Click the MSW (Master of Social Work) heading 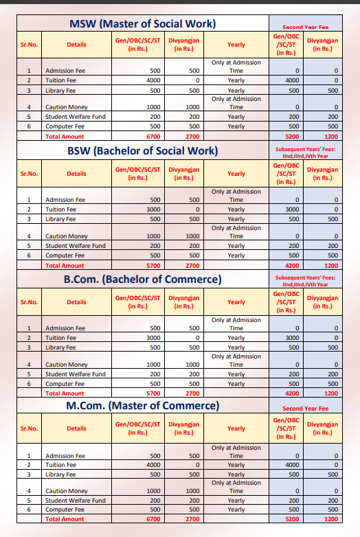[x=143, y=24]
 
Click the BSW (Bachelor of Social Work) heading [x=143, y=150]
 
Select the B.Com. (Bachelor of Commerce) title [x=143, y=279]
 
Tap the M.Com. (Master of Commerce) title [x=143, y=406]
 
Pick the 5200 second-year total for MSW [x=293, y=137]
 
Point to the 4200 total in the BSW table [x=293, y=265]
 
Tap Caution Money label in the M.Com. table [x=66, y=492]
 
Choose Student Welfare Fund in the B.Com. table [x=75, y=374]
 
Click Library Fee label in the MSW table [x=60, y=90]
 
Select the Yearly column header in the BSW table [x=236, y=174]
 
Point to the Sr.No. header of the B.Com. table [x=29, y=301]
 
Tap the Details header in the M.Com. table [x=76, y=429]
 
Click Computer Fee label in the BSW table [x=64, y=255]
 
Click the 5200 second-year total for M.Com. [x=293, y=520]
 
